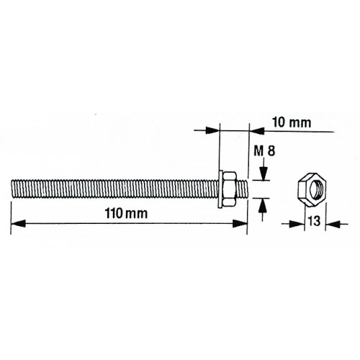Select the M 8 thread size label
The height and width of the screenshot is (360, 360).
coord(265,152)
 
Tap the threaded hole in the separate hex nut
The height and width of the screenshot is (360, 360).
coord(314,189)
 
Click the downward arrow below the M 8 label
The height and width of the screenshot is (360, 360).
coord(264,172)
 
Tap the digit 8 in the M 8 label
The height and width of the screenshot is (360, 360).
coord(272,152)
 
